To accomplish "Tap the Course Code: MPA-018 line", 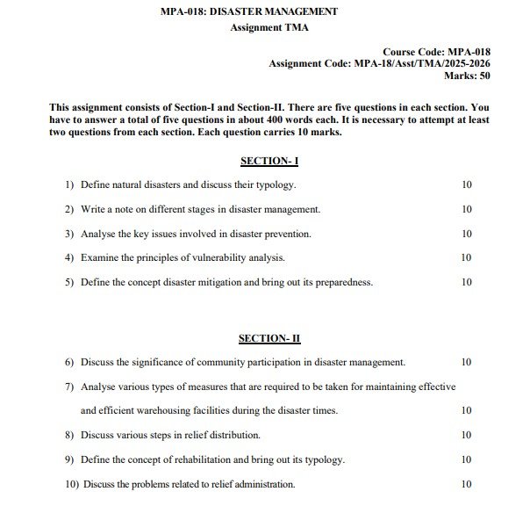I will [x=436, y=52].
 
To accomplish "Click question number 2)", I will [x=69, y=210].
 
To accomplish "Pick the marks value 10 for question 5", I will [x=466, y=282].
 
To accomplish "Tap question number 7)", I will [x=69, y=386].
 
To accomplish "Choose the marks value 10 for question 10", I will [x=466, y=484].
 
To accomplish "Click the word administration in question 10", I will [x=261, y=484].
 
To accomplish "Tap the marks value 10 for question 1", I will [x=466, y=185].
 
